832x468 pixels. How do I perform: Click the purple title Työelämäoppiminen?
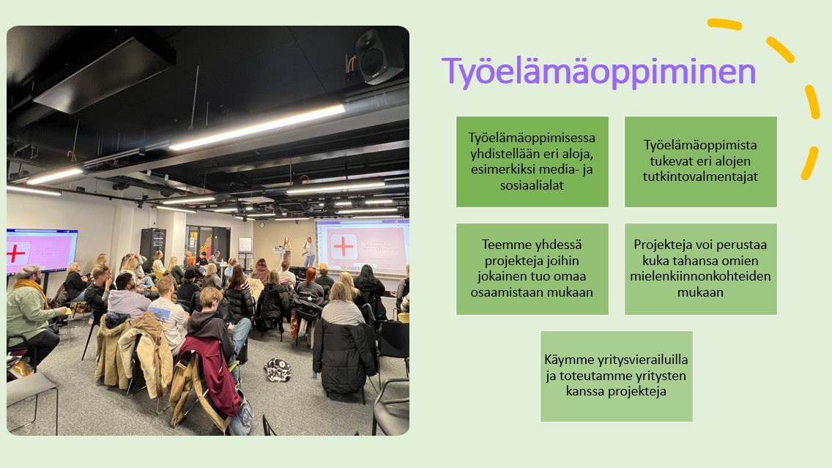pos(598,73)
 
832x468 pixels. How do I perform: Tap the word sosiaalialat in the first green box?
pos(532,185)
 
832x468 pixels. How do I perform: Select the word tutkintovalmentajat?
pos(700,177)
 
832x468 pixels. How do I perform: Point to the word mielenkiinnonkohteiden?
pos(700,276)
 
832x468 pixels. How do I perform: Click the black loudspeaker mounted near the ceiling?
pos(378,57)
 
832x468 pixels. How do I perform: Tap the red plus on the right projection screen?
pos(343,246)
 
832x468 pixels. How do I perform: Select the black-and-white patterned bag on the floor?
pos(278,369)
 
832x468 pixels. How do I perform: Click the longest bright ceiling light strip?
pos(257,127)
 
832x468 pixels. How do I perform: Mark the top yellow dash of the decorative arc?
pos(725,24)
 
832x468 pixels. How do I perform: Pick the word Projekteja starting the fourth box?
pos(664,245)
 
